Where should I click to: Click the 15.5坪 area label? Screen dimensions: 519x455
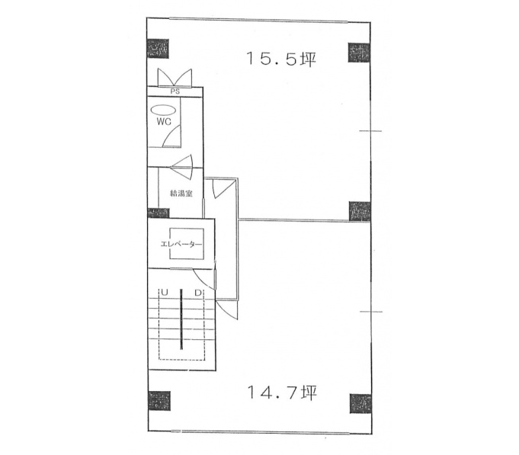[281, 59]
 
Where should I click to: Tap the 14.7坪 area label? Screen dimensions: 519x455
[282, 393]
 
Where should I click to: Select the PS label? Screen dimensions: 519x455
[175, 91]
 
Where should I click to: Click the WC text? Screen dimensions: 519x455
[164, 122]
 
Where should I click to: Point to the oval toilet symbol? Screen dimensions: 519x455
[163, 110]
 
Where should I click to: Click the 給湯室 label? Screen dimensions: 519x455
[181, 194]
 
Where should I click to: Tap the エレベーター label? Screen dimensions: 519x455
[181, 244]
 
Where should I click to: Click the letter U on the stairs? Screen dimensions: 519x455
[165, 293]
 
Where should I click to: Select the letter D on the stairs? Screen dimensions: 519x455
[198, 293]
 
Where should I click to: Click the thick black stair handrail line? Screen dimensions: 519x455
[181, 319]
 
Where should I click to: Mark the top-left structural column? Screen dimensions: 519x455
[158, 48]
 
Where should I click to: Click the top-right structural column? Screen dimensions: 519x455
[359, 53]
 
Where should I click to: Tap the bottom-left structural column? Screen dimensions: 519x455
[159, 401]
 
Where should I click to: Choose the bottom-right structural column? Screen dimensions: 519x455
[360, 403]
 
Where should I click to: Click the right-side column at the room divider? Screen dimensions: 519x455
[360, 211]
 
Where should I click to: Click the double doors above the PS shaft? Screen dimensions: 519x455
[175, 78]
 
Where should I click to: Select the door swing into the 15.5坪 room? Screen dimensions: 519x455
[224, 189]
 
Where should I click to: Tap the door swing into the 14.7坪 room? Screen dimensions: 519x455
[228, 309]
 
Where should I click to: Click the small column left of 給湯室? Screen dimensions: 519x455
[159, 213]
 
